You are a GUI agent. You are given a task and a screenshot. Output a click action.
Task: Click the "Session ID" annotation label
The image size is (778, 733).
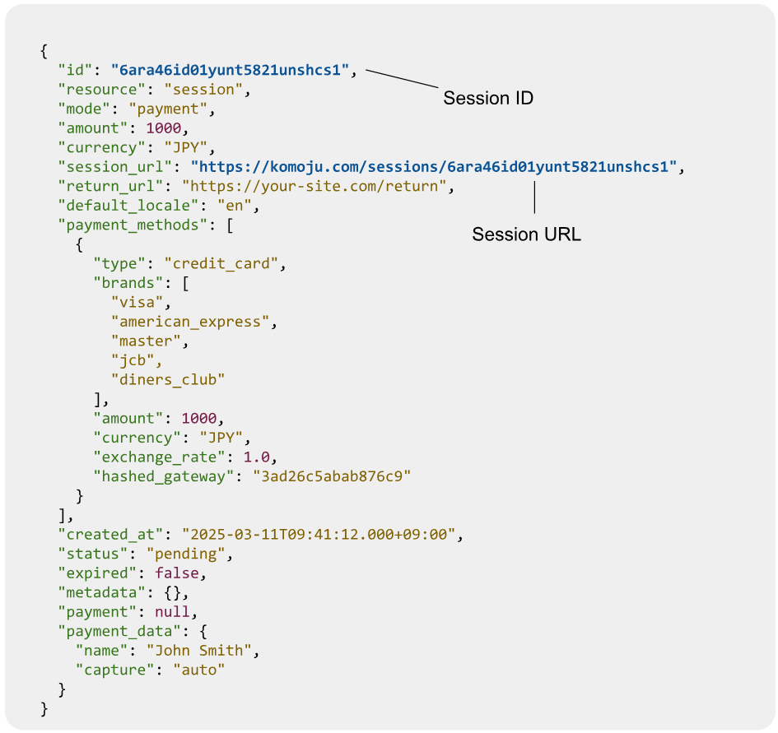point(488,98)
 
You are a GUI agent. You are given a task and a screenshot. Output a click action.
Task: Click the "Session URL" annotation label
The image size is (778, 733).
point(526,234)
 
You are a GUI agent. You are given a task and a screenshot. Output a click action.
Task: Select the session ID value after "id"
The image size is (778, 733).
point(230,70)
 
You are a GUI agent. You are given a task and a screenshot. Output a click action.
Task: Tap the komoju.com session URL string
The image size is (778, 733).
point(434,167)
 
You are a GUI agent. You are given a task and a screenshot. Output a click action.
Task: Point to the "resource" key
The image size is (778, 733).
point(97,90)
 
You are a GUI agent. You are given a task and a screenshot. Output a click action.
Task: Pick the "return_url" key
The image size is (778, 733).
point(110,186)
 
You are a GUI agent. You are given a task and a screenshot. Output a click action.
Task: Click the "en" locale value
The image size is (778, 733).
point(234,206)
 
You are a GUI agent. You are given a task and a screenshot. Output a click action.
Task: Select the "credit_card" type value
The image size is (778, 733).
point(221,263)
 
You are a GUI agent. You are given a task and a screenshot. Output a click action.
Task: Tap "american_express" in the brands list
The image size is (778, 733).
point(190,322)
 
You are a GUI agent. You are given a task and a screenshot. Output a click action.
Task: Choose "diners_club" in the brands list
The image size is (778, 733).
point(168,379)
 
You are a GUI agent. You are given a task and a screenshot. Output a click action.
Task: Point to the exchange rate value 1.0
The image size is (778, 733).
point(257,457)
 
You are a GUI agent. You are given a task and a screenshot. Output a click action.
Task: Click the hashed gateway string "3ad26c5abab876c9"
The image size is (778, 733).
point(332,476)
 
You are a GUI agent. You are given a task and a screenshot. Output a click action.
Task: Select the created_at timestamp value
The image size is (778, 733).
point(319,534)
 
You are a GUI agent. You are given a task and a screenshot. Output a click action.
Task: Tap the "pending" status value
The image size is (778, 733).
point(185,554)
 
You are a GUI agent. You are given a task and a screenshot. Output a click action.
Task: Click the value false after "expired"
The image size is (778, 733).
point(177,573)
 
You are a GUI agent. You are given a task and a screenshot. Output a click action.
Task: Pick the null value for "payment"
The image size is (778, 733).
point(172,611)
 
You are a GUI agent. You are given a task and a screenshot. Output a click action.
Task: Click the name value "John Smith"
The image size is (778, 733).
point(199,650)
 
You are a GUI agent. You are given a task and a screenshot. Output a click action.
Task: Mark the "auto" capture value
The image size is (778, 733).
point(199,670)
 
